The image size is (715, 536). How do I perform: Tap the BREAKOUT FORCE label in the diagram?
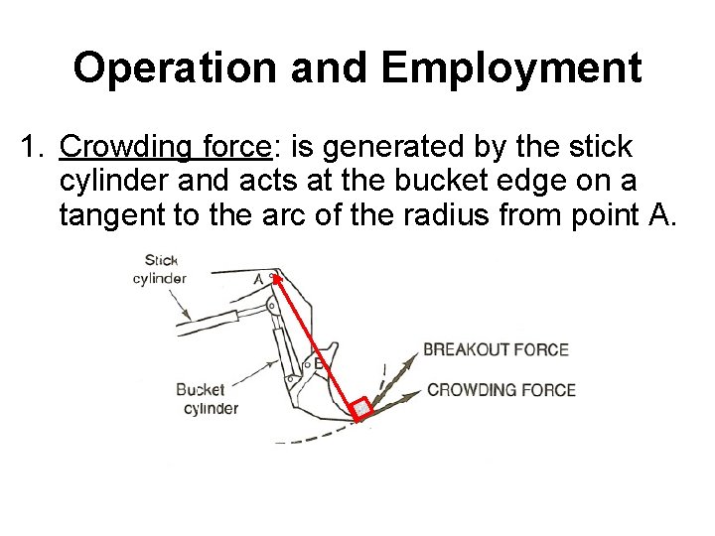point(496,349)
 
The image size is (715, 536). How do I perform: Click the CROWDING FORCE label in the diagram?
point(500,389)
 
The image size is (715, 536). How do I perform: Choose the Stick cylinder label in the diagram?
point(159,270)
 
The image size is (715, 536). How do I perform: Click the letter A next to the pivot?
point(259,279)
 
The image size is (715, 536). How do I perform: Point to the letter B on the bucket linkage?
point(319,363)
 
